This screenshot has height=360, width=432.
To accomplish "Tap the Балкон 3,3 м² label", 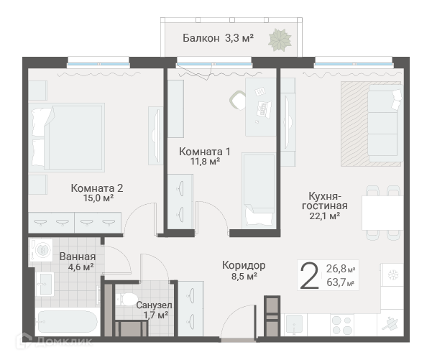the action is tap(218, 38).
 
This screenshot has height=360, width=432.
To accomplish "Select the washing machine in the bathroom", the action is tap(41, 250).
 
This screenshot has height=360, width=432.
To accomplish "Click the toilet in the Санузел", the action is tap(127, 299).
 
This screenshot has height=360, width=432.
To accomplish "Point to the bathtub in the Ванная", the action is tap(68, 322).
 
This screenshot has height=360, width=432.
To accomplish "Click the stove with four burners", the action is tap(342, 326).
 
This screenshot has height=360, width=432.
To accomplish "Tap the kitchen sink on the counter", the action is tap(296, 325).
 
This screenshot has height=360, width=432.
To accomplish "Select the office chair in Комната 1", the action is tap(237, 101).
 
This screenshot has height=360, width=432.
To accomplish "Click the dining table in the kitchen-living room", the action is tap(382, 213).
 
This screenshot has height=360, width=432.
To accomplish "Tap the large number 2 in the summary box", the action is tap(309, 276).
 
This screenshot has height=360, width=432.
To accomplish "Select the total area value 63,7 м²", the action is tap(340, 282).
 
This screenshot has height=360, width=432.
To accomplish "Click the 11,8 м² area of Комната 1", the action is tap(206, 161).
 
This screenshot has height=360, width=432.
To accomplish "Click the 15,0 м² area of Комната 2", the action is tap(98, 198).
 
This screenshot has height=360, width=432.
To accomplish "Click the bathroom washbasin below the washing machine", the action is tap(45, 285).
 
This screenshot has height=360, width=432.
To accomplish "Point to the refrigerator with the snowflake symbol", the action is tap(392, 274).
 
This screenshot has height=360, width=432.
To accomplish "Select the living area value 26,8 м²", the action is tap(341, 268).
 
